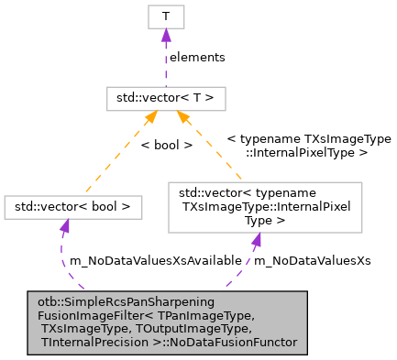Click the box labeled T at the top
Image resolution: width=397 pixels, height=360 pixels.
point(165,16)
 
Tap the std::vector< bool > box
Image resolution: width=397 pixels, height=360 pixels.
point(73,207)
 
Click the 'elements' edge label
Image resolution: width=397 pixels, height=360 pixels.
point(197,57)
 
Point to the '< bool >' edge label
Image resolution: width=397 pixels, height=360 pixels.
point(166,145)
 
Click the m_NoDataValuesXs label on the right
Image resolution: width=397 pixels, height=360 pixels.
point(312,260)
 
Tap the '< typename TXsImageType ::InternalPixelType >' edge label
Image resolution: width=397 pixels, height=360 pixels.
point(308,146)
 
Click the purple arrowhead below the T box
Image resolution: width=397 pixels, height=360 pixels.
point(165,36)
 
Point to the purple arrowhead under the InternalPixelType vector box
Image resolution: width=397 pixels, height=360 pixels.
point(257,238)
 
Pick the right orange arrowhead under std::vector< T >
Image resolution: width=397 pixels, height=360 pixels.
point(183,116)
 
